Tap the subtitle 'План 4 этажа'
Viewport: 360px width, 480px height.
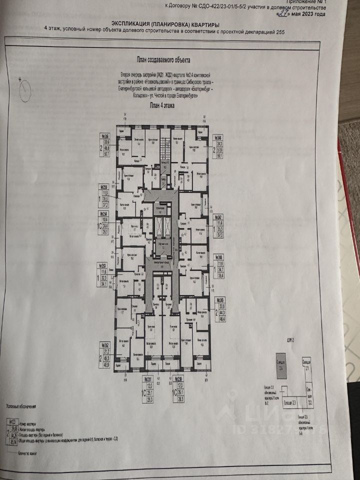(161, 105)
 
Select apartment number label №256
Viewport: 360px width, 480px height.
(105, 135)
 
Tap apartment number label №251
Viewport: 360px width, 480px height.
(148, 379)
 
